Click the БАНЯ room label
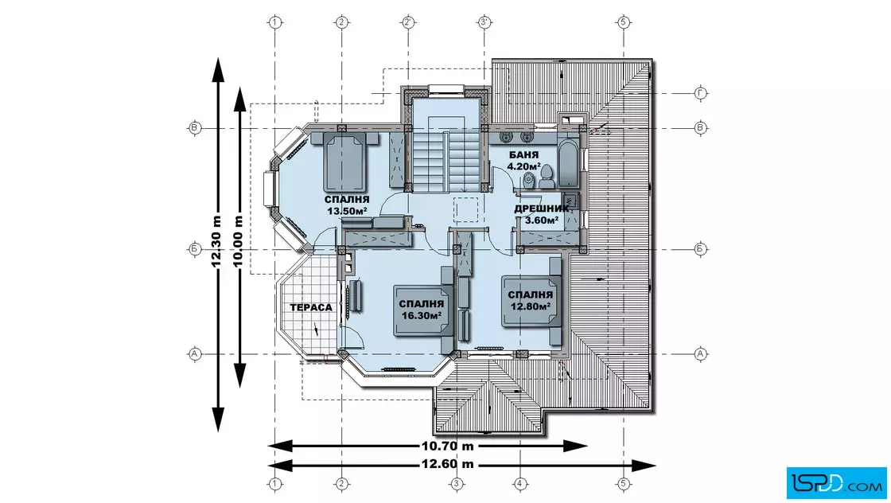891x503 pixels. pos(524,154)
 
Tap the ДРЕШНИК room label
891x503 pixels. pos(541,209)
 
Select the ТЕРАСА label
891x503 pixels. pos(311,307)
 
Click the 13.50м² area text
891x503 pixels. pos(347,211)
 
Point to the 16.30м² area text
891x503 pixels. pos(421,315)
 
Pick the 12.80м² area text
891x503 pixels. pos(530,306)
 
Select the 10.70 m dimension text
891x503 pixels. pos(447,446)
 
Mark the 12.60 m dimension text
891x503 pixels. pos(447,464)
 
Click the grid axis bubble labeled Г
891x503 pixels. pos(700,93)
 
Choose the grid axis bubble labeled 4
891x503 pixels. pos(520,484)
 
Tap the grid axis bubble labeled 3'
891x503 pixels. pos(484,23)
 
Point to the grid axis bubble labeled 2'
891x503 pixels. pos(408,23)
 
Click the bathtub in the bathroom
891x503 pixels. pos(568,162)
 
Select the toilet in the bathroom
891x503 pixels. pos(547,176)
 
